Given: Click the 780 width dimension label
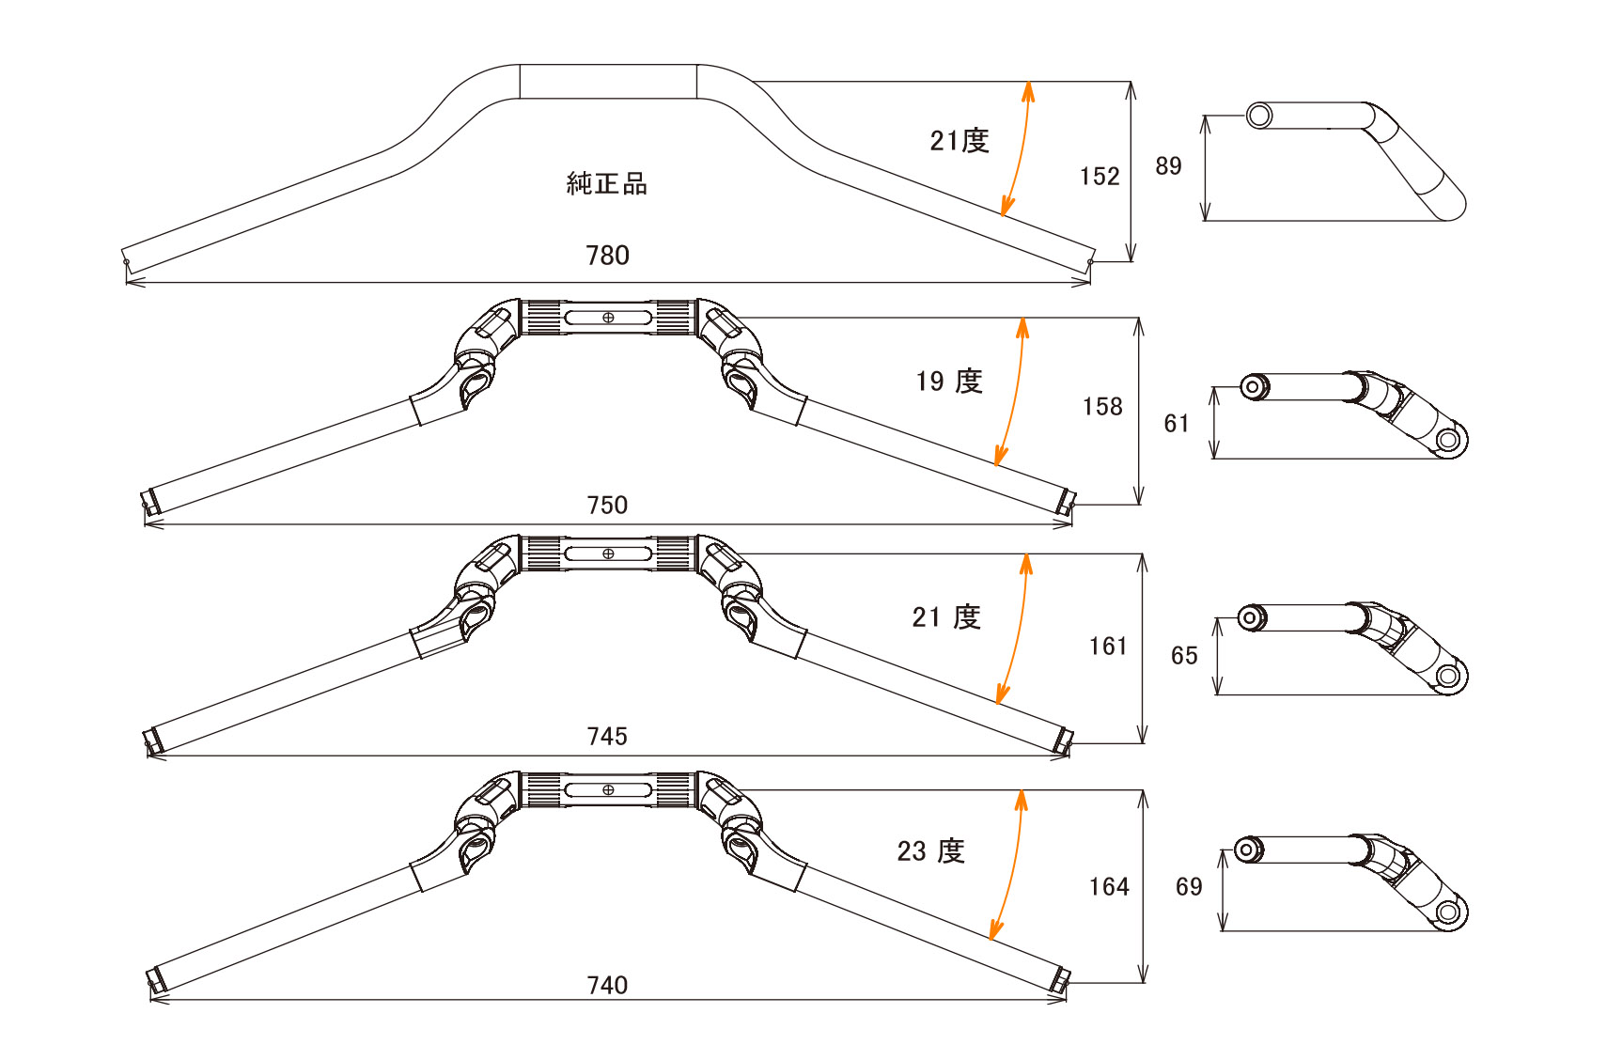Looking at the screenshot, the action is [608, 256].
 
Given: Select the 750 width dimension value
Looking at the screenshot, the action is [608, 505].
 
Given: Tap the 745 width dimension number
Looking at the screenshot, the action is [608, 736].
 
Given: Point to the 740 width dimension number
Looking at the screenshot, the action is [608, 985].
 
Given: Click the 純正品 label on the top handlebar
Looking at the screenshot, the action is [607, 183].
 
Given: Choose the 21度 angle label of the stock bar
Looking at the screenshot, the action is [960, 141].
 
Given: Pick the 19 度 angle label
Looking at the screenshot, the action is [949, 381].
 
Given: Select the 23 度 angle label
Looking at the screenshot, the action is [931, 850].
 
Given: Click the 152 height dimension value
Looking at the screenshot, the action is [1100, 177].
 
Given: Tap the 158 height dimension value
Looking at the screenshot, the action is [1102, 407].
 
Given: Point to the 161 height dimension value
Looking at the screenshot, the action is [1108, 647].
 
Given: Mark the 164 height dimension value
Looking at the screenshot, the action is [1109, 886].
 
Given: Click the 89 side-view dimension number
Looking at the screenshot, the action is [1169, 166].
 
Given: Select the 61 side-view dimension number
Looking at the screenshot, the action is [1177, 423].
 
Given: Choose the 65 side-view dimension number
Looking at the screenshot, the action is [1184, 655].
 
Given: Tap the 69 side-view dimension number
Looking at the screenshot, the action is [1189, 886].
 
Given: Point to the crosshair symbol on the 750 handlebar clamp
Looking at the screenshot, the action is [608, 318].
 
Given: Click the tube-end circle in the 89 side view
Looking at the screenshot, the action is [1259, 116].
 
